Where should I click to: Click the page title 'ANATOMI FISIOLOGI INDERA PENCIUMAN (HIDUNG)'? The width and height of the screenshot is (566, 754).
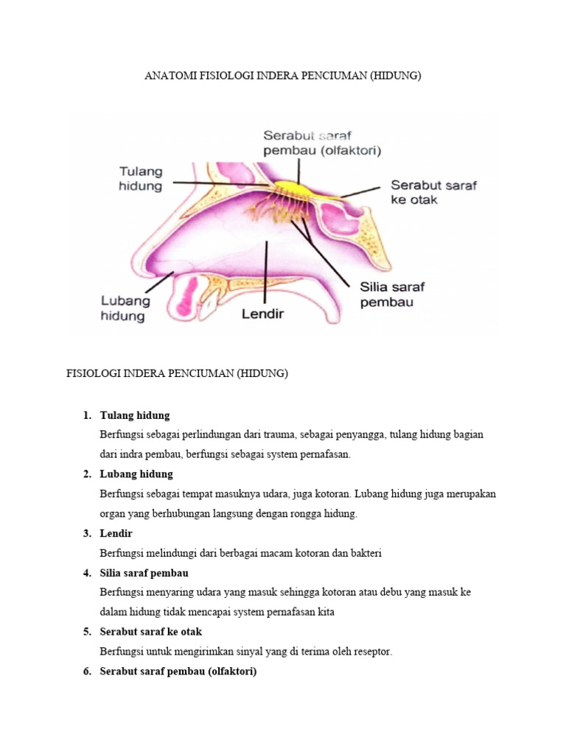(282, 76)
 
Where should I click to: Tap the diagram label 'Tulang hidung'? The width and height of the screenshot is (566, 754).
(141, 179)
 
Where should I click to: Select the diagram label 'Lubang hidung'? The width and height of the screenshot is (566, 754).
(125, 309)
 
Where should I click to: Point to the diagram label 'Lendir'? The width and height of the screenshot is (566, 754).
(263, 314)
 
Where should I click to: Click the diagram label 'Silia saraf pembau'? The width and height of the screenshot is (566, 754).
(392, 294)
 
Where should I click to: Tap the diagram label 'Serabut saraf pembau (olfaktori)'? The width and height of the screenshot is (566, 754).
(322, 143)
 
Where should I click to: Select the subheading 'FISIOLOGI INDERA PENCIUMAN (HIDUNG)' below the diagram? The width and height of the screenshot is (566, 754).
(178, 374)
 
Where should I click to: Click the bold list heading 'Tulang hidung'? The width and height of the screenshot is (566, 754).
(135, 415)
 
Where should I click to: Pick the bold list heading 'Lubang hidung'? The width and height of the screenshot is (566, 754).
(136, 474)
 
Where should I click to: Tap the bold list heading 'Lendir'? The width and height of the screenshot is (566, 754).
(116, 533)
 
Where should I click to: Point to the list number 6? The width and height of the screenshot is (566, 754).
(86, 672)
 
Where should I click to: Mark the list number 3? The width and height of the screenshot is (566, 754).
(86, 533)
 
